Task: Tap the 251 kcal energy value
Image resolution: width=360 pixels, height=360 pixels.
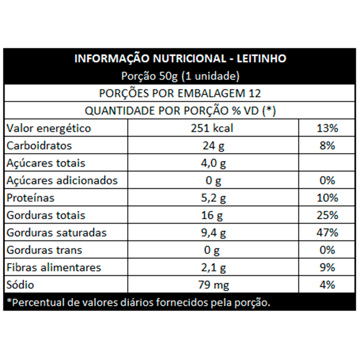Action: point(212,128)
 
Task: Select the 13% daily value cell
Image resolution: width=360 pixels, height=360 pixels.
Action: point(327,128)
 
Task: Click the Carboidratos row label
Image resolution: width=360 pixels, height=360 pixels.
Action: point(39,146)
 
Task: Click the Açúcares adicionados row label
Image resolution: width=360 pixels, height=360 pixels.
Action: point(62,180)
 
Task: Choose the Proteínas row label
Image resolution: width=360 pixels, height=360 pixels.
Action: point(31,198)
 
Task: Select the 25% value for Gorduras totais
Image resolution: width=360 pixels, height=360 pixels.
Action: point(327,215)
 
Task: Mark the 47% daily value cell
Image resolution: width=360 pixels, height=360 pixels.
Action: point(327,233)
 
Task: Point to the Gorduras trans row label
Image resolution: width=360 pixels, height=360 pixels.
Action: point(44,250)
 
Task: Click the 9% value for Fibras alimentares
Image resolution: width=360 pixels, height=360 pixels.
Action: point(327,267)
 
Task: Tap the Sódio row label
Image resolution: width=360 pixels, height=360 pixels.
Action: point(21,285)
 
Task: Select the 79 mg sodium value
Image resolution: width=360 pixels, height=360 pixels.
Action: point(213,285)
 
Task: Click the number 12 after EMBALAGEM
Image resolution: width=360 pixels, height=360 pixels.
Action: point(255,93)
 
